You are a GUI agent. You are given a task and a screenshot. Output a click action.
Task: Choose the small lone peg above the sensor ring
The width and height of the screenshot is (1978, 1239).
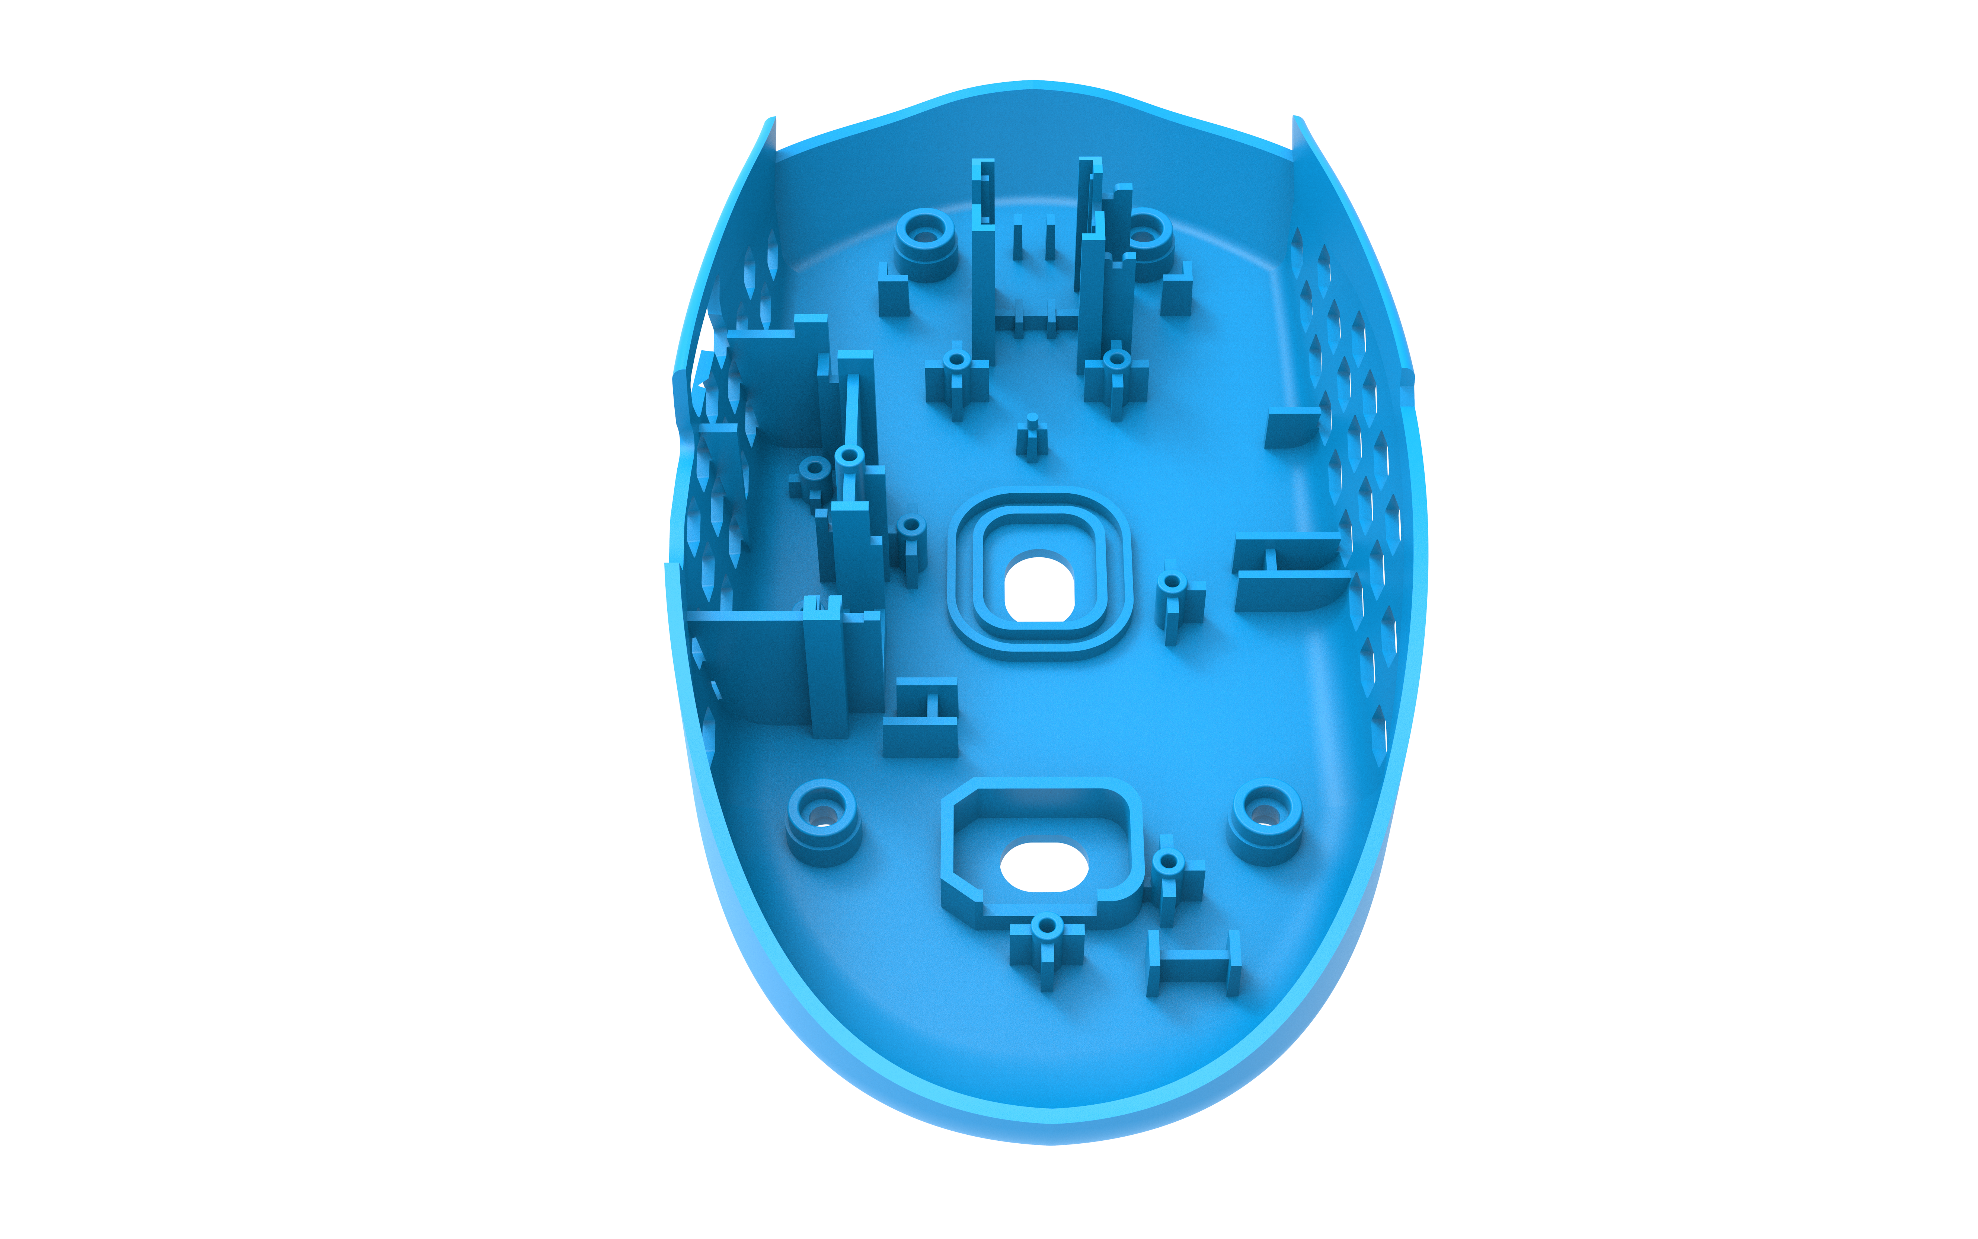click(1032, 439)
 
